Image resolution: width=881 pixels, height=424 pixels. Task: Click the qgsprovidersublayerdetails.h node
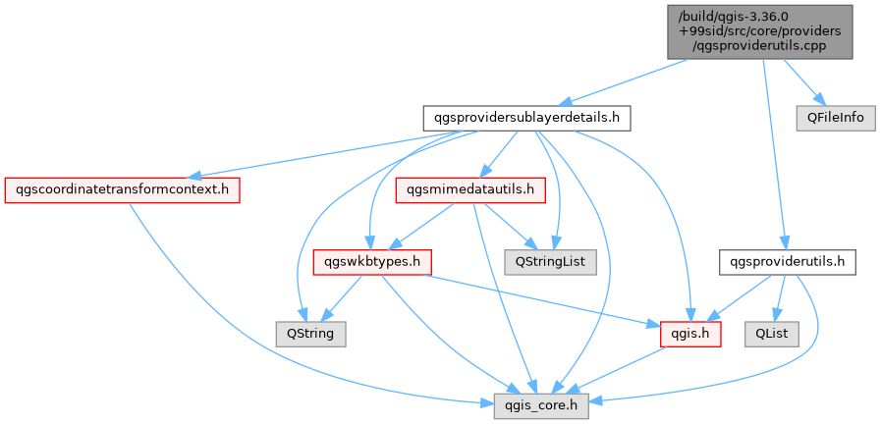[x=525, y=118]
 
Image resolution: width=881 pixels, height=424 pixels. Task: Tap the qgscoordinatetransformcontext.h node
[x=123, y=188]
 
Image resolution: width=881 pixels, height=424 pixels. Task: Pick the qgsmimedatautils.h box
[x=470, y=188]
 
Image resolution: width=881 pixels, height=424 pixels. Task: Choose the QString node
[x=309, y=334]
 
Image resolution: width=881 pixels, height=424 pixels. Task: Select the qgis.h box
[x=690, y=334]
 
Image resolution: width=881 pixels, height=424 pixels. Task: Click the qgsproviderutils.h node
[x=789, y=262]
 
